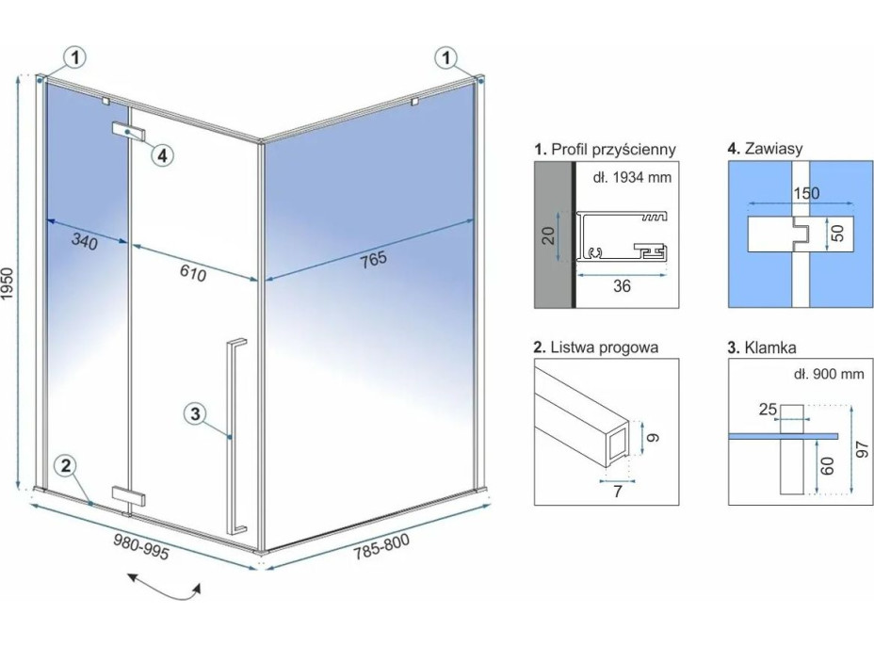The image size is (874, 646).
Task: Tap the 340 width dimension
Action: click(x=85, y=242)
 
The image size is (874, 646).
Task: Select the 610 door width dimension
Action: click(x=192, y=272)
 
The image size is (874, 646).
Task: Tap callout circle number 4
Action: click(x=162, y=154)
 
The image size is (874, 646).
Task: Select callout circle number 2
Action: click(x=64, y=465)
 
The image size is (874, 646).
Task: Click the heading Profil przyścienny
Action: click(x=605, y=149)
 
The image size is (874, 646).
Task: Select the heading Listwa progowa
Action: click(x=596, y=347)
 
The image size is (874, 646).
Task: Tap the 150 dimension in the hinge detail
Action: click(x=805, y=194)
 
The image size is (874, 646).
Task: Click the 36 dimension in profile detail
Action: click(x=622, y=287)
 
